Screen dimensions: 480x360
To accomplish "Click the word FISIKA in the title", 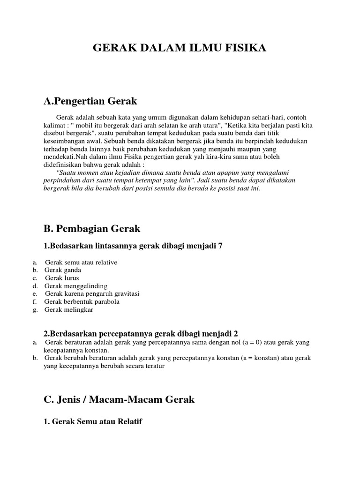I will [247, 47].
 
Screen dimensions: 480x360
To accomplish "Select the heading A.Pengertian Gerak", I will [90, 101].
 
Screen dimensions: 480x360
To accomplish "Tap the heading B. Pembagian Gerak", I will [91, 229].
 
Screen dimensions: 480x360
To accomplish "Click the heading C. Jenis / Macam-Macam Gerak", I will [119, 399].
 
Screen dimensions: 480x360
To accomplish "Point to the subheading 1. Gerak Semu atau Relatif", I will [92, 422].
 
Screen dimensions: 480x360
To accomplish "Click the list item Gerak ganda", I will [63, 270].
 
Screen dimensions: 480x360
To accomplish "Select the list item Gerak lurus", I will [62, 278].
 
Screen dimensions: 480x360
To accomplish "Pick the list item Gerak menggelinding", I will [76, 286].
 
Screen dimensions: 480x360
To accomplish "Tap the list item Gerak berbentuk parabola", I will [82, 301].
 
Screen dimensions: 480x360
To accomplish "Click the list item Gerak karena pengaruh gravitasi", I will [92, 294].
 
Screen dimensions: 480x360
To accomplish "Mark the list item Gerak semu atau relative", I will [81, 262].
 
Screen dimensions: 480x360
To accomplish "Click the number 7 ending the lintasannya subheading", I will [220, 247].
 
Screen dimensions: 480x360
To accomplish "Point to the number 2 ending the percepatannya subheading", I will [236, 334].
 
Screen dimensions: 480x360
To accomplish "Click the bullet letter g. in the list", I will [35, 309].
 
